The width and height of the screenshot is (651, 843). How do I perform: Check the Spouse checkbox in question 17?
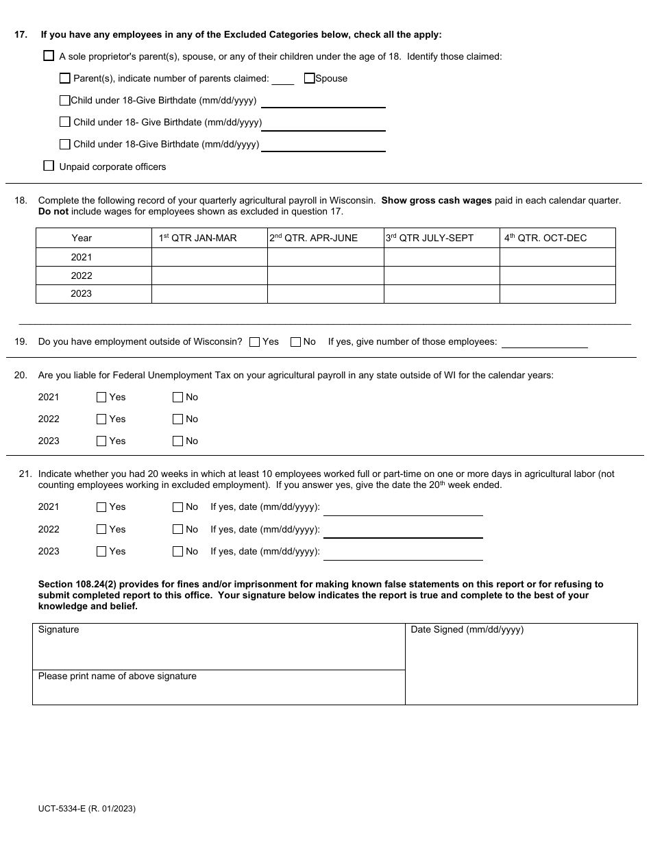point(309,78)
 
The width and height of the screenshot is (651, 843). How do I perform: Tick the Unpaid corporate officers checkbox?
point(49,166)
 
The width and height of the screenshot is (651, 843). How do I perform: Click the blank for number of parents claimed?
point(282,80)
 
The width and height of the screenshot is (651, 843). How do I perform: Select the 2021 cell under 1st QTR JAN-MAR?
point(209,257)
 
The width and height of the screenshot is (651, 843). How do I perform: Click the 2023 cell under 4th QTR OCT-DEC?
point(557,293)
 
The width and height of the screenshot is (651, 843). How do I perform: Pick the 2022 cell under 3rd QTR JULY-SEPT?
point(441,276)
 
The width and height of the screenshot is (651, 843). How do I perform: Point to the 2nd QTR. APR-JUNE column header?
point(313,238)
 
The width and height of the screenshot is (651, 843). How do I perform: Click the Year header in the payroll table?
point(82,238)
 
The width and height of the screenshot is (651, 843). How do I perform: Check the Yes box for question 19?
point(255,342)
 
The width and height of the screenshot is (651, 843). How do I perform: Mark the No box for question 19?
point(296,342)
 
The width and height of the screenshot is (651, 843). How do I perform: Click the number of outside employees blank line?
point(545,342)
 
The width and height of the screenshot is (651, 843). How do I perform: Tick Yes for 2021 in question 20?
point(101,398)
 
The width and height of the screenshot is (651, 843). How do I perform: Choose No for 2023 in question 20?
point(178,441)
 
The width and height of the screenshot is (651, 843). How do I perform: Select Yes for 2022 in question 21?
point(101,530)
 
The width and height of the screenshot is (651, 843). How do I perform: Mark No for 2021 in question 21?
point(178,508)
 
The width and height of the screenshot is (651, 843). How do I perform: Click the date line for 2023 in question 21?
point(402,552)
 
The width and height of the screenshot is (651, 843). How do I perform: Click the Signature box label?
point(59,630)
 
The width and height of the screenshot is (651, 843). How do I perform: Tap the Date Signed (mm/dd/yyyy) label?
point(467,630)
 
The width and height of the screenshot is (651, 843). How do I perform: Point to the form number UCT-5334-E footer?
point(87,809)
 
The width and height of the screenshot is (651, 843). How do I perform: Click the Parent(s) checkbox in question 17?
point(65,78)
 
